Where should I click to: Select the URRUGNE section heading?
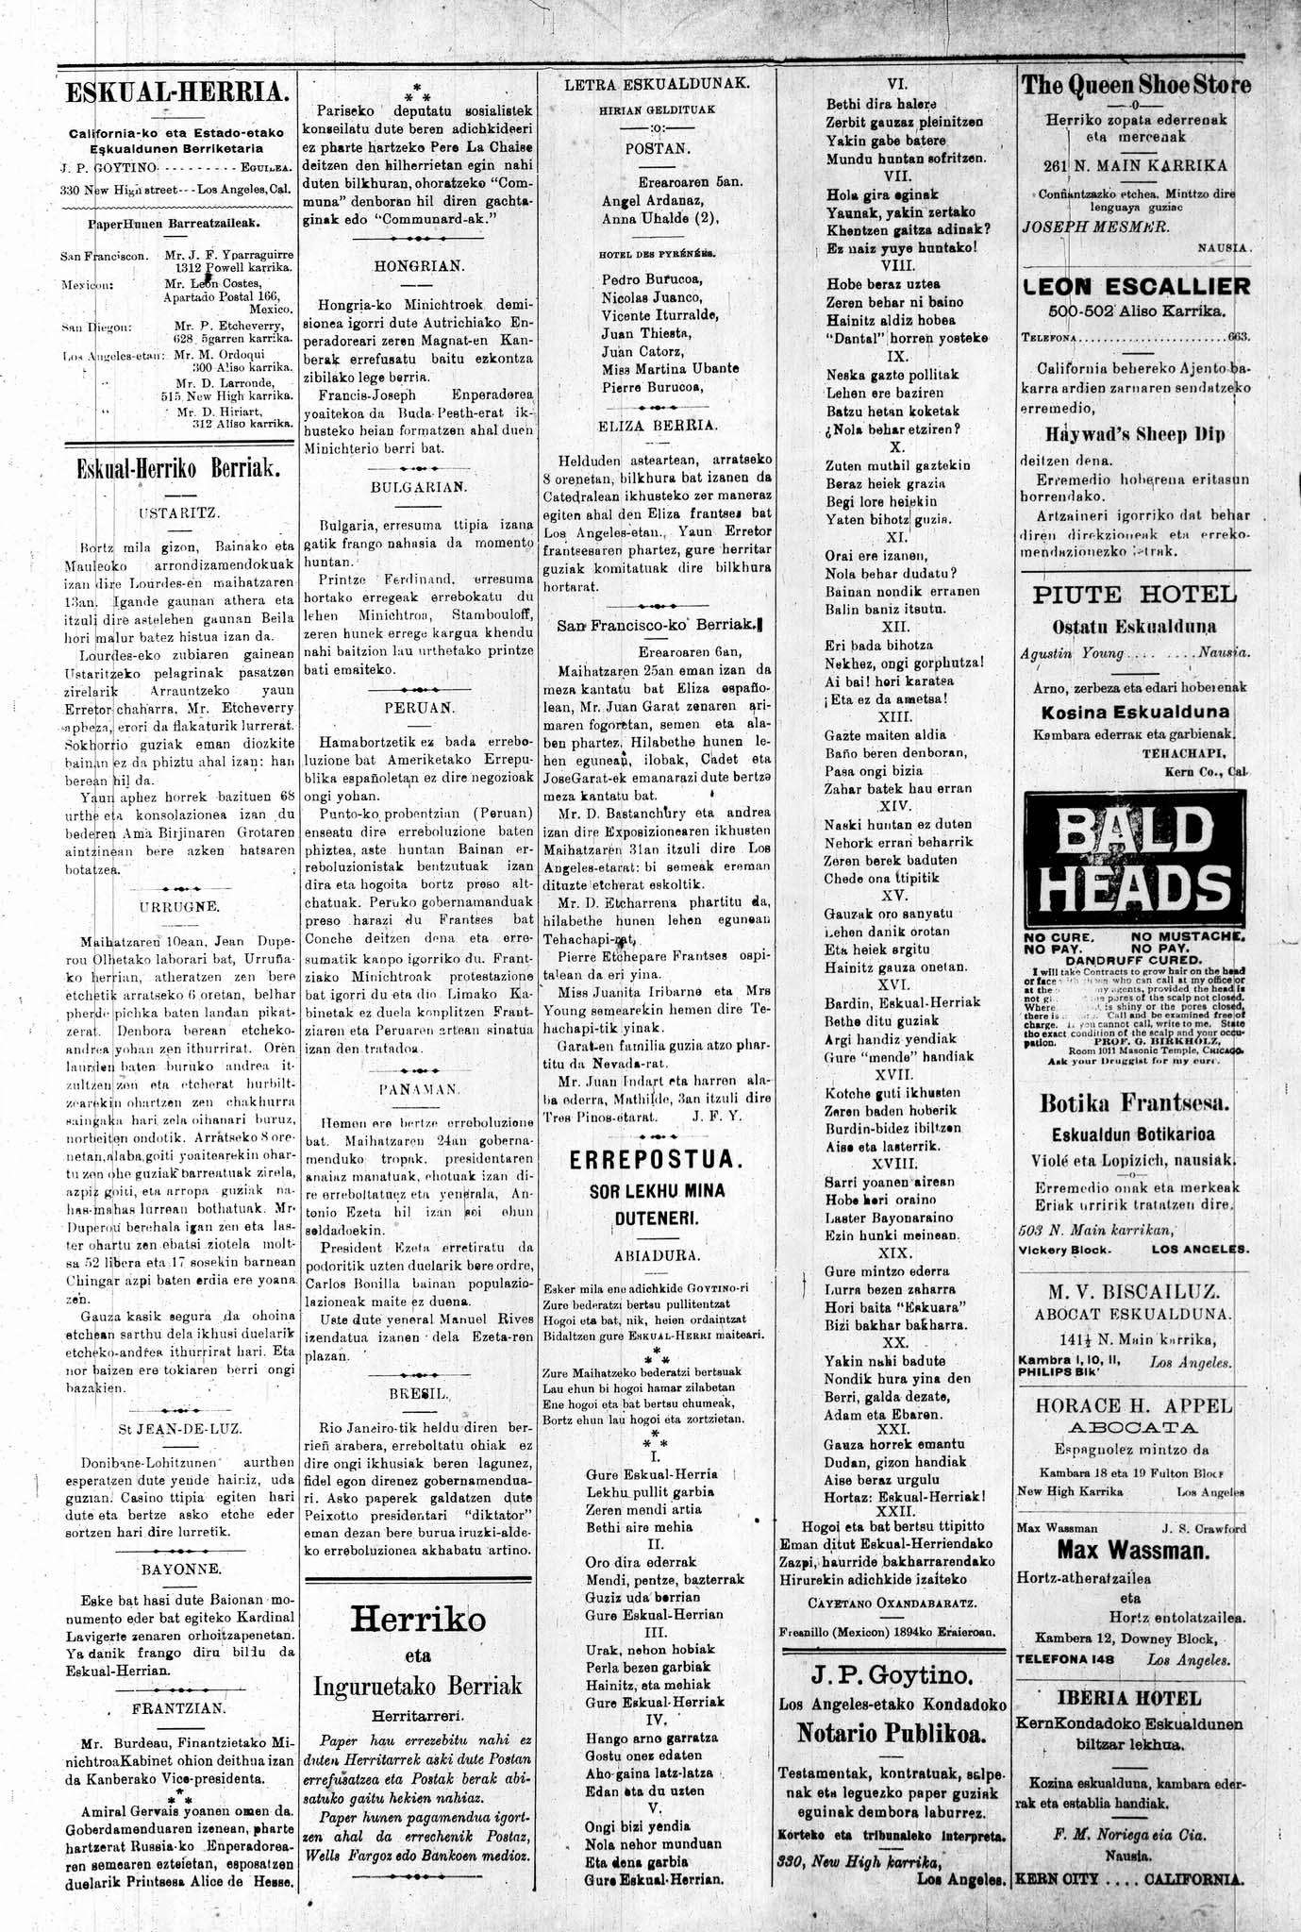pyautogui.click(x=179, y=906)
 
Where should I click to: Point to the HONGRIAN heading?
pyautogui.click(x=419, y=266)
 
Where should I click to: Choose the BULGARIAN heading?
pyautogui.click(x=419, y=487)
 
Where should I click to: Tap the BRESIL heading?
pyautogui.click(x=419, y=1392)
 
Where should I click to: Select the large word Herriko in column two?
pyautogui.click(x=419, y=1620)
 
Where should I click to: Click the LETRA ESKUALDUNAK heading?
pyautogui.click(x=658, y=83)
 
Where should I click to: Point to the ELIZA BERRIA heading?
pyautogui.click(x=658, y=426)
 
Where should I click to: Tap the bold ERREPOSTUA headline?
pyautogui.click(x=658, y=1160)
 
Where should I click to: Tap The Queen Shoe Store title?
pyautogui.click(x=1136, y=85)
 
